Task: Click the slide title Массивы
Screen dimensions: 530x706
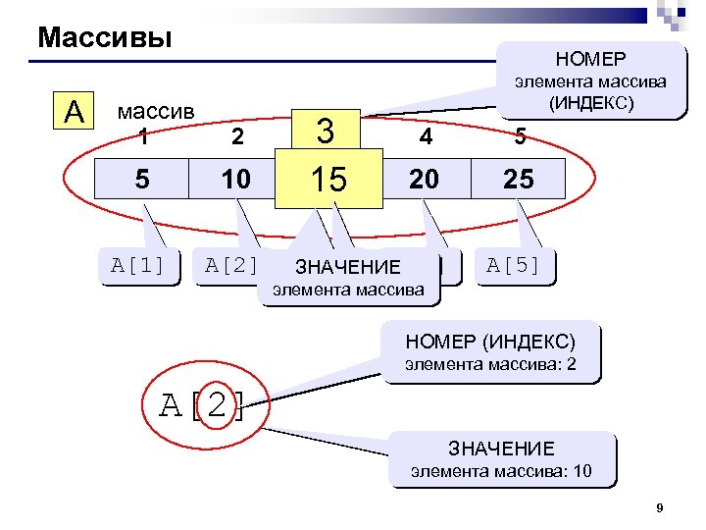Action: point(105,38)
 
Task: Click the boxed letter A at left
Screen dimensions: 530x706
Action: point(74,112)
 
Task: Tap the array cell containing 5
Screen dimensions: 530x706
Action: point(142,180)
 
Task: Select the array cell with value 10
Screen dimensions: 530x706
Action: point(236,180)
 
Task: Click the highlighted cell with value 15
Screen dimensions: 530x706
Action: point(328,180)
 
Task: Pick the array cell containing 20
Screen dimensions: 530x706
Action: point(425,180)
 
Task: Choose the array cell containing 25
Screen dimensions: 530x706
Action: point(519,180)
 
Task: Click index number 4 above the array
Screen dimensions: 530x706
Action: point(425,138)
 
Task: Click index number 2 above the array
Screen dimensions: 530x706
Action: point(236,138)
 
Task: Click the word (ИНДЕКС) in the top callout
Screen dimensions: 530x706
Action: point(591,102)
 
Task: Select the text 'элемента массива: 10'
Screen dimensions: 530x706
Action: point(501,471)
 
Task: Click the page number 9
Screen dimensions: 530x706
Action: point(660,507)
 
